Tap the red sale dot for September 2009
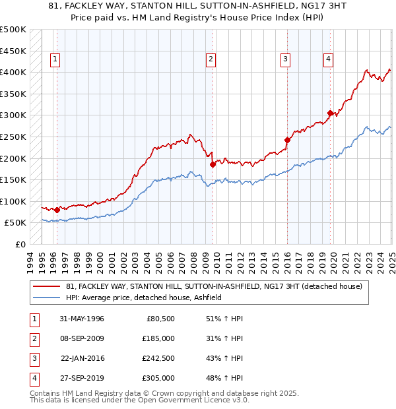(x=213, y=165)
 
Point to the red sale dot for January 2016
(x=287, y=140)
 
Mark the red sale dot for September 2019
(x=330, y=113)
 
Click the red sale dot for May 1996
(x=57, y=210)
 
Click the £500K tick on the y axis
(x=13, y=30)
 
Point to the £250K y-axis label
(x=13, y=137)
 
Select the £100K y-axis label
(x=13, y=201)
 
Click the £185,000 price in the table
(x=158, y=338)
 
